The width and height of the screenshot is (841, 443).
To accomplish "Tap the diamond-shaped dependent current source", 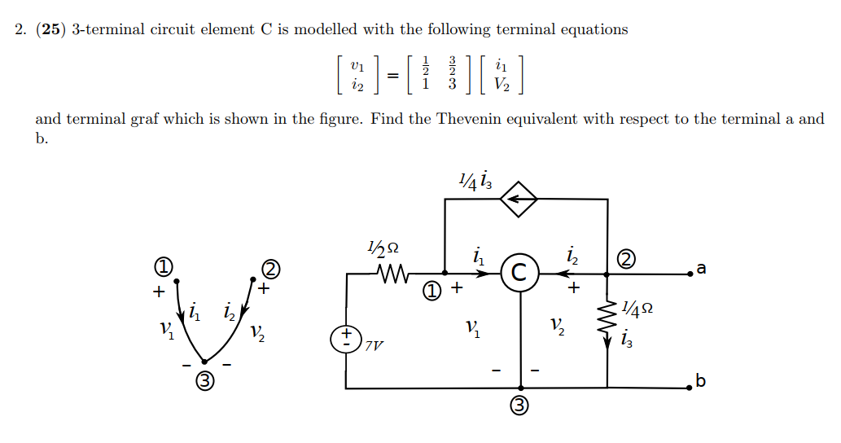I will coord(519,198).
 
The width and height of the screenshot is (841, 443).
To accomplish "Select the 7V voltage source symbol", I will coord(346,339).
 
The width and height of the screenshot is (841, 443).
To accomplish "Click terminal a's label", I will coord(702,269).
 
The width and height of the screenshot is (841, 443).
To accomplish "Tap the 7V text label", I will coord(373,345).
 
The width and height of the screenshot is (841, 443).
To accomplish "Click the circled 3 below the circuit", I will coord(519,407).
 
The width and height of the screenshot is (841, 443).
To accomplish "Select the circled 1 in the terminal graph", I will coord(163,266).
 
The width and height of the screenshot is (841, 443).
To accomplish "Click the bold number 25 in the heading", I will coord(50,30).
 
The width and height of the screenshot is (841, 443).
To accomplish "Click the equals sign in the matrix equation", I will coord(393,75).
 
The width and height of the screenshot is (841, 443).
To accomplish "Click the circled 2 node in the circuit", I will coord(627,261).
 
